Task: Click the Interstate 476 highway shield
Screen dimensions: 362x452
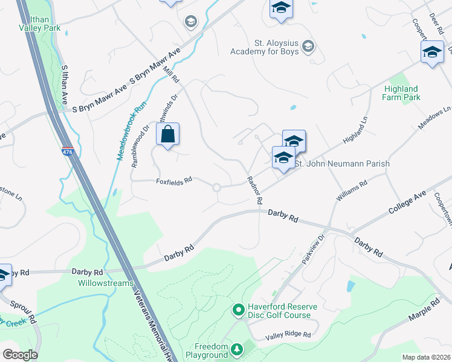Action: (68, 152)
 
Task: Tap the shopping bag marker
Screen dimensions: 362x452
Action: (169, 135)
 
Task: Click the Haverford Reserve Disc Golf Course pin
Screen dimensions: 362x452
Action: (238, 311)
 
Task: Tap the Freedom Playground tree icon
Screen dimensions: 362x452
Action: (237, 349)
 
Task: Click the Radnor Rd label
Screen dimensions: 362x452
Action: (255, 189)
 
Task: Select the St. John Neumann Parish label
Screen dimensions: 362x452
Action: (342, 164)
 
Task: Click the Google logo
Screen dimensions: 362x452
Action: (20, 355)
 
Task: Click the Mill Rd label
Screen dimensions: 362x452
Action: (172, 75)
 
